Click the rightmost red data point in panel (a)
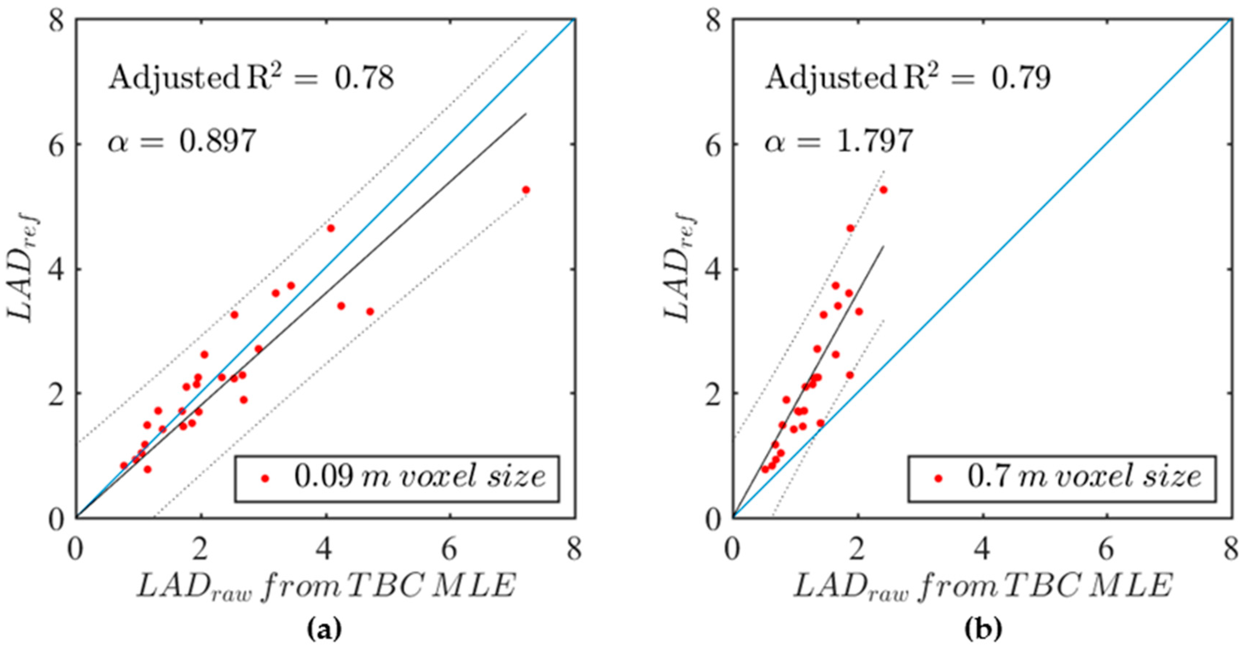(526, 190)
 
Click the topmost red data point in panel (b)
(883, 190)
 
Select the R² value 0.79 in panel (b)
(1021, 79)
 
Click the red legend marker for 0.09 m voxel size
(265, 478)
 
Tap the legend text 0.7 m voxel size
(1084, 477)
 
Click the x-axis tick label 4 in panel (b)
(983, 551)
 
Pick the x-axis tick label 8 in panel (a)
(575, 551)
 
